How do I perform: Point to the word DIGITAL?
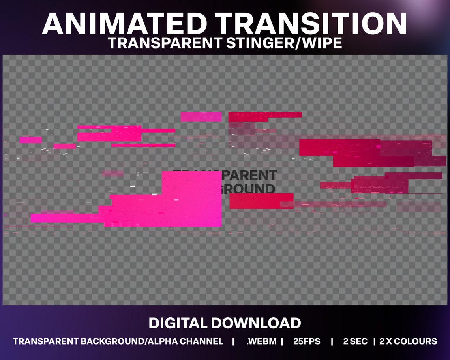(x=178, y=323)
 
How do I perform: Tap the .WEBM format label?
(x=261, y=341)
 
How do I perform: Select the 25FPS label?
(x=307, y=341)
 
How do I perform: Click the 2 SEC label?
(x=355, y=341)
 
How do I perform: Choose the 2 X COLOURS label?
(x=408, y=341)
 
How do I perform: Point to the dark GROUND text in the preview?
(x=249, y=188)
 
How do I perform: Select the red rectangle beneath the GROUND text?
(x=261, y=201)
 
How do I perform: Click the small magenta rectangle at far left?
(x=30, y=140)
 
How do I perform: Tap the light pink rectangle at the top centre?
(x=201, y=117)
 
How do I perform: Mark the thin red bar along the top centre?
(x=265, y=115)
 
